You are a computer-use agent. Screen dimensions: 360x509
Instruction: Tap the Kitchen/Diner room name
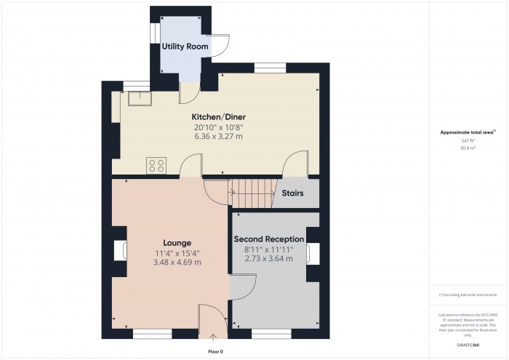[213, 117]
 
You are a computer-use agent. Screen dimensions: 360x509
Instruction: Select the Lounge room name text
[177, 243]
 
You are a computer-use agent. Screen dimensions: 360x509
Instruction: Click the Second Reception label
[269, 239]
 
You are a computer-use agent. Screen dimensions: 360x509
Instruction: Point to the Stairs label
[292, 194]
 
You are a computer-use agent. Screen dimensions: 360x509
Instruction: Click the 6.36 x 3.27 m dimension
[213, 136]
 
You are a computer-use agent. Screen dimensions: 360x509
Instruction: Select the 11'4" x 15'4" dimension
[177, 253]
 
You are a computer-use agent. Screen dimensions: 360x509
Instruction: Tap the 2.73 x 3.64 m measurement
[269, 258]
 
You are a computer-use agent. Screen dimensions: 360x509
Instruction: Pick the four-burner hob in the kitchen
[156, 165]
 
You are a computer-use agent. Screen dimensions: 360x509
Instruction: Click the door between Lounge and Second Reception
[243, 287]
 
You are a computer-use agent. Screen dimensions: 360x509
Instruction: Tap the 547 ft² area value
[468, 140]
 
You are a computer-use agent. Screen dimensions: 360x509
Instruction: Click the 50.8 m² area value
[468, 148]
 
